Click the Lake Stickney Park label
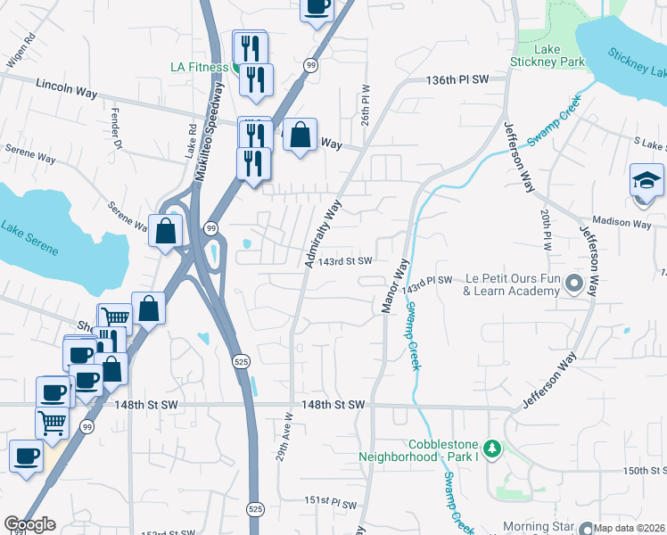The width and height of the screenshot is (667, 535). click(547, 56)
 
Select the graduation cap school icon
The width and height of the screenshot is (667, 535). click(646, 181)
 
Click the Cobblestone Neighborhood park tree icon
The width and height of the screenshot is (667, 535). click(491, 446)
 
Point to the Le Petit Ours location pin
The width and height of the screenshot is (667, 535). click(573, 285)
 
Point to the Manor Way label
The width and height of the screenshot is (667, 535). click(394, 285)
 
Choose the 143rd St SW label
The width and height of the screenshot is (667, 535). click(347, 260)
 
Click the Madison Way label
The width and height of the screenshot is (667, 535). click(622, 223)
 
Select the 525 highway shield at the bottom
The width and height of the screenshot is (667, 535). click(254, 506)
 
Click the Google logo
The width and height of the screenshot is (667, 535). click(30, 524)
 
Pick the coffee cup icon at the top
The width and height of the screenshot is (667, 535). click(317, 8)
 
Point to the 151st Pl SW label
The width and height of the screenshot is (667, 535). click(331, 501)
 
